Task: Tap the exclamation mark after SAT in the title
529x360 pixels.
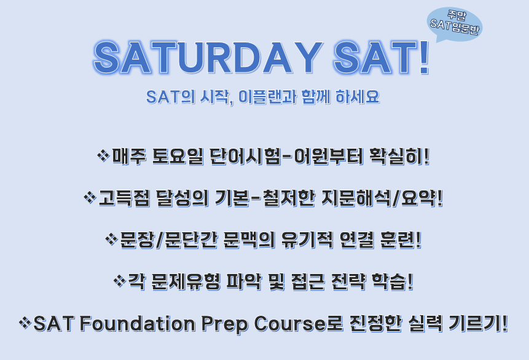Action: [x=424, y=58]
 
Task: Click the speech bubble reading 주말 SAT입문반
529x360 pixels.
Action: [x=455, y=24]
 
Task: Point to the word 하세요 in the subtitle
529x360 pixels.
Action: [x=358, y=97]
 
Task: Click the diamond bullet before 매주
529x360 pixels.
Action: [x=103, y=155]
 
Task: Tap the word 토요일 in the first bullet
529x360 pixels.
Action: [x=178, y=156]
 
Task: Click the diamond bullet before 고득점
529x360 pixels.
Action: [x=90, y=197]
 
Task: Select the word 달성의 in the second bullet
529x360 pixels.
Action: [x=182, y=198]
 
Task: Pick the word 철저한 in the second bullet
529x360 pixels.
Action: [x=289, y=198]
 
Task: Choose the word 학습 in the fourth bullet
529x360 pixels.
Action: [x=389, y=282]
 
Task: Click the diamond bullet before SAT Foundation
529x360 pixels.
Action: [x=25, y=323]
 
